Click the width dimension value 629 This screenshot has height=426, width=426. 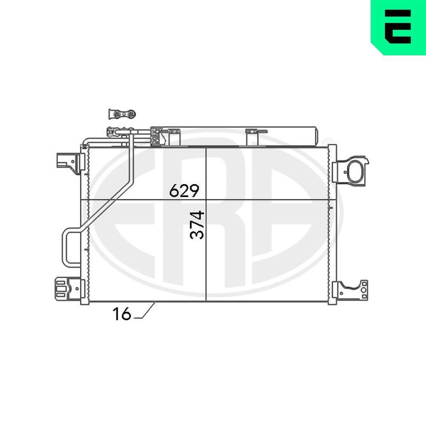point(184,190)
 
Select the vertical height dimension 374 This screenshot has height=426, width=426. point(197,225)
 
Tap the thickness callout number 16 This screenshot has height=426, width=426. point(121,314)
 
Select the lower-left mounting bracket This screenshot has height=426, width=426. point(66,289)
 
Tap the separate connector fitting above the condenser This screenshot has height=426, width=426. point(122,114)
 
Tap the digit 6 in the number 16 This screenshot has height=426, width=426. point(126,314)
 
